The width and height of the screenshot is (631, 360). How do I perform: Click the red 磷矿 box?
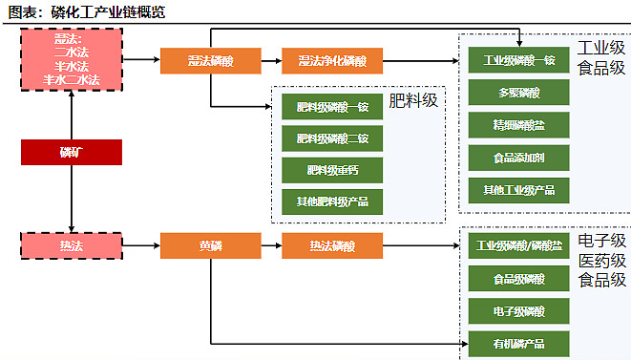[x=72, y=153]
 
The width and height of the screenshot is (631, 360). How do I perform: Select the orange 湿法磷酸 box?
[x=210, y=62]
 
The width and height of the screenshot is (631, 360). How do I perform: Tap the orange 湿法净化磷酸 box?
[x=331, y=62]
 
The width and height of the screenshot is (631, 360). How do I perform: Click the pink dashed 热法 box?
[x=72, y=246]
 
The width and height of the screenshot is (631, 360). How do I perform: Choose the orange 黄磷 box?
[x=210, y=246]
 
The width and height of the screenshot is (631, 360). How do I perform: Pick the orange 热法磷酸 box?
[x=331, y=246]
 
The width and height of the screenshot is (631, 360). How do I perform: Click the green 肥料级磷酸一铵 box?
[x=331, y=107]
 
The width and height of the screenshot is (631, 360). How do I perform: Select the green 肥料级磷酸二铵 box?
[x=331, y=138]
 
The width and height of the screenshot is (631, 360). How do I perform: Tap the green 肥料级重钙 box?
[x=331, y=170]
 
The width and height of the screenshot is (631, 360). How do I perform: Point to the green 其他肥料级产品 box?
[x=331, y=201]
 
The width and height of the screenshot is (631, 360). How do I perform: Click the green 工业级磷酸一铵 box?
[x=519, y=60]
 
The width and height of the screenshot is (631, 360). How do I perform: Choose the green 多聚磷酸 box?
[x=519, y=93]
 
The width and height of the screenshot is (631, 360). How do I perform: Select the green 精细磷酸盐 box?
[x=519, y=125]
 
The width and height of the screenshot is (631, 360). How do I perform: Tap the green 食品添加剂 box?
[x=519, y=157]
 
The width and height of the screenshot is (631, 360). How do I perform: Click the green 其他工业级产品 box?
[x=519, y=189]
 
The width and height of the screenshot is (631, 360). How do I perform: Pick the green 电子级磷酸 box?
[x=519, y=311]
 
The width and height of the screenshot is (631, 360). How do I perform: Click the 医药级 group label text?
[x=602, y=261]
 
